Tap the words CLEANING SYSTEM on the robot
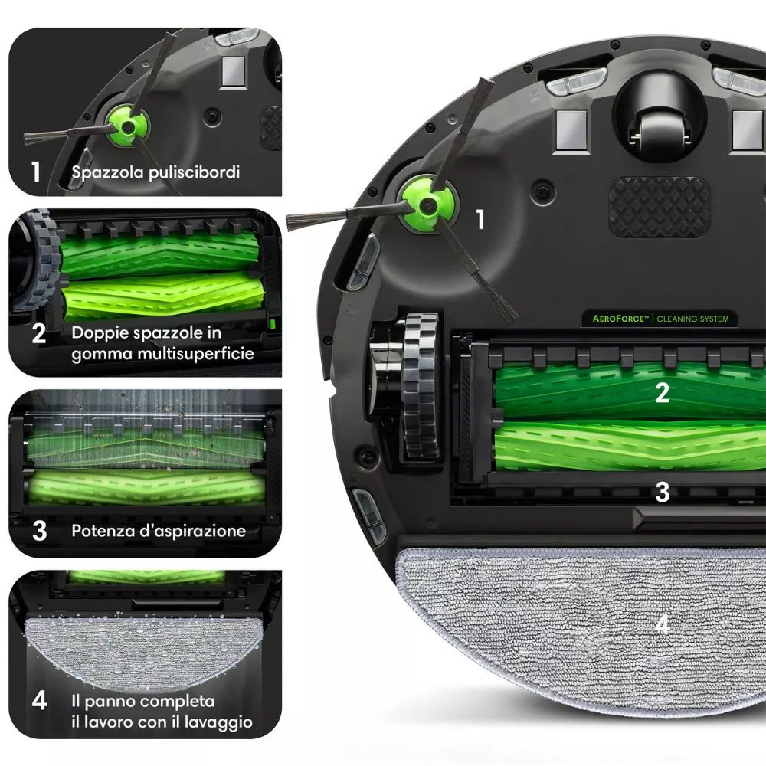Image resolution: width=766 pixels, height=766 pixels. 692,319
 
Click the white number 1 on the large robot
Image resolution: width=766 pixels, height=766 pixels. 480,219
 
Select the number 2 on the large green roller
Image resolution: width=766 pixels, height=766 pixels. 663,393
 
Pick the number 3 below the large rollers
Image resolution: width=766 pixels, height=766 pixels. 663,492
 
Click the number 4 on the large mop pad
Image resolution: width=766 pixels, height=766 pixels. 663,624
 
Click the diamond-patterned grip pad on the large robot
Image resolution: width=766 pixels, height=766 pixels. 660,207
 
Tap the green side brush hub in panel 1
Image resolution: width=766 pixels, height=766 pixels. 128,126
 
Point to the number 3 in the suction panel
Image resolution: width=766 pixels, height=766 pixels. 39,531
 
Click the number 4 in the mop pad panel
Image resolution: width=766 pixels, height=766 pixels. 39,701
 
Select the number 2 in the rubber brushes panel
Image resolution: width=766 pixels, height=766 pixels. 39,334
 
